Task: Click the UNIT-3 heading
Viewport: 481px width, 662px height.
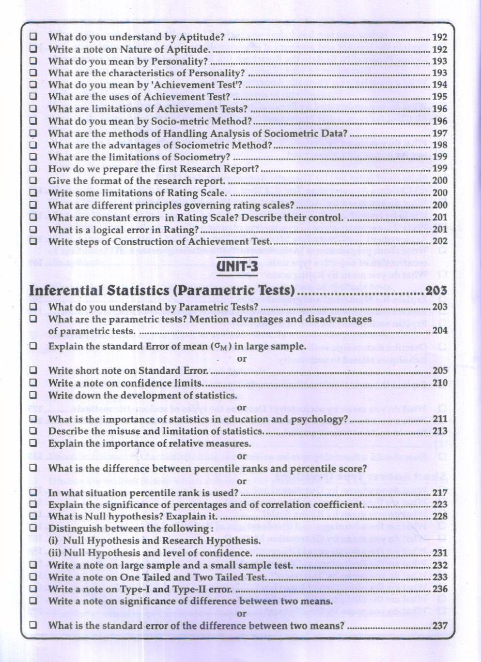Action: coord(237,267)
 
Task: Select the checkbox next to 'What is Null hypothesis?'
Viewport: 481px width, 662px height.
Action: coord(33,516)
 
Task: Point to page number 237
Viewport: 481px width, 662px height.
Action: coord(440,625)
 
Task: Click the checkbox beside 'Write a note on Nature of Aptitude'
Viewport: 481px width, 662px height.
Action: coord(33,49)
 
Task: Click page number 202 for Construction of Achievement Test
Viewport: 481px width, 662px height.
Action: coord(440,241)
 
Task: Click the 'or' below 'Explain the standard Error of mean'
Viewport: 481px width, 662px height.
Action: coord(242,359)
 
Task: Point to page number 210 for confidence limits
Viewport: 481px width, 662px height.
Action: coord(440,383)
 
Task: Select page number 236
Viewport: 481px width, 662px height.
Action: coord(440,589)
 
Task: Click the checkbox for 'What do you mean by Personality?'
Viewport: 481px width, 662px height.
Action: coord(33,61)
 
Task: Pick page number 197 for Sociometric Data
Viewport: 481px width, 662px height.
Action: coord(440,133)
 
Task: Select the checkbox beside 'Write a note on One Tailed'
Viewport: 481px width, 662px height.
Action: coord(33,577)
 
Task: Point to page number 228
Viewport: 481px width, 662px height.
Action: coord(440,516)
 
